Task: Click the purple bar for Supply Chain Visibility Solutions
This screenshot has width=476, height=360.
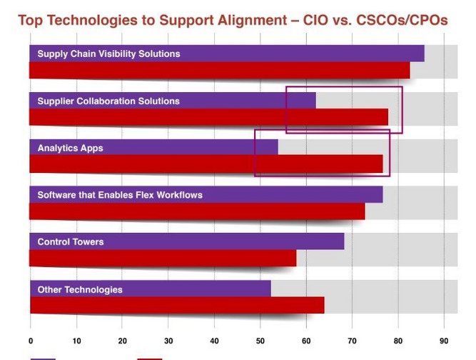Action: point(227,54)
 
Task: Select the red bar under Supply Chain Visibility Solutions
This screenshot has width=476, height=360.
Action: point(220,70)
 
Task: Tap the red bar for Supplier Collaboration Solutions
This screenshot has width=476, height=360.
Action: point(208,117)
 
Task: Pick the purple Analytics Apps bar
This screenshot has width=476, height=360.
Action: point(153,147)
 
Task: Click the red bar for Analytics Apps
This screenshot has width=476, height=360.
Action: point(206,164)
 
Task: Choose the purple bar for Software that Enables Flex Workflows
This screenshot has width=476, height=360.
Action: point(206,194)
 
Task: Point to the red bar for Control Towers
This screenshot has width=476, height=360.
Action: point(163,259)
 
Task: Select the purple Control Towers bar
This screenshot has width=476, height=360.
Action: point(187,241)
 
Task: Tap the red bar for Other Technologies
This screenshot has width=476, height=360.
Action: point(177,305)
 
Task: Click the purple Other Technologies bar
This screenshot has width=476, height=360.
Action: point(151,289)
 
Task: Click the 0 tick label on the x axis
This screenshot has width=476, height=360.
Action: point(31,341)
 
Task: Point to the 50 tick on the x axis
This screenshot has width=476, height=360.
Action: point(260,341)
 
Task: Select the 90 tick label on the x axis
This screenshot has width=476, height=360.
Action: point(444,341)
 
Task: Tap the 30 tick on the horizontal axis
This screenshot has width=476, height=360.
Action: point(168,341)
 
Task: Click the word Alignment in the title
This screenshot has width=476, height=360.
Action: point(252,20)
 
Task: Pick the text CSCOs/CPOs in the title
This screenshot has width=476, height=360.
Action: point(402,20)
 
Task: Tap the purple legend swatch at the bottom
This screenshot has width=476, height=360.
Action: point(43,359)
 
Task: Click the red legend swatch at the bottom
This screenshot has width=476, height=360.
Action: point(150,359)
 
